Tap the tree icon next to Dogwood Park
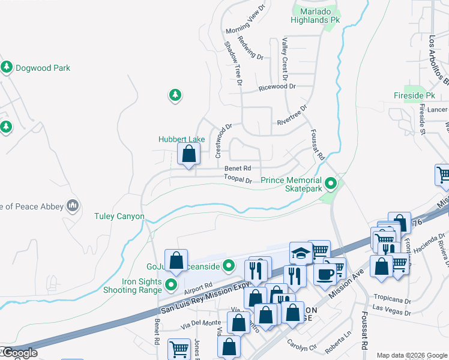tap(7, 67)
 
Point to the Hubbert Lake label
tap(182, 139)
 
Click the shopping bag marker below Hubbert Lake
tap(189, 155)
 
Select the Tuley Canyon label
tap(119, 216)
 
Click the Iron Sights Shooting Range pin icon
tap(172, 284)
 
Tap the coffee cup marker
tap(325, 274)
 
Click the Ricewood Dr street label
tap(277, 87)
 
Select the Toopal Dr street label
tap(238, 179)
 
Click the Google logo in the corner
tap(19, 353)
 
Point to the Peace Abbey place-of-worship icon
tap(73, 206)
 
